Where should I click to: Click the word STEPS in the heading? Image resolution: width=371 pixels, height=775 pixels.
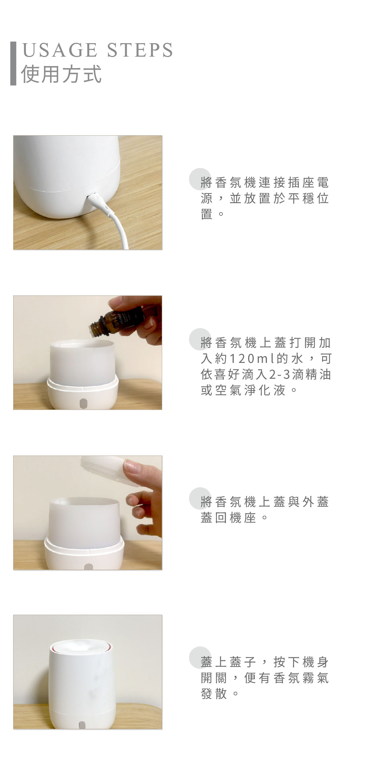(140, 50)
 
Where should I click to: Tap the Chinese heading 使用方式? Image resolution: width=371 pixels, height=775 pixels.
(61, 74)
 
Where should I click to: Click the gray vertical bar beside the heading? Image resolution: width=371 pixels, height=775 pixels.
(13, 63)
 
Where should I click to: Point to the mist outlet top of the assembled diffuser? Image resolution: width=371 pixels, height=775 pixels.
(81, 647)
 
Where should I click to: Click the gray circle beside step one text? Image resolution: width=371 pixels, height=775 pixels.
(200, 179)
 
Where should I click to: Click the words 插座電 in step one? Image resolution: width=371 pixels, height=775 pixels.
(308, 183)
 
